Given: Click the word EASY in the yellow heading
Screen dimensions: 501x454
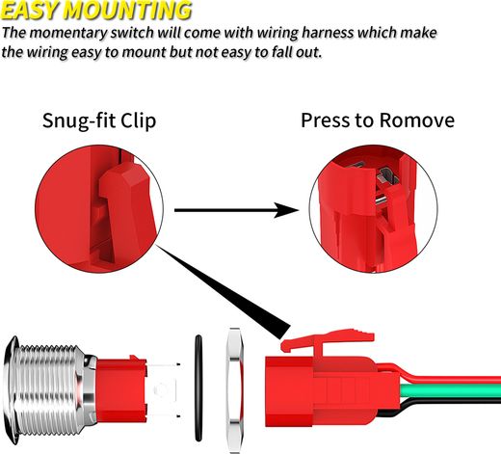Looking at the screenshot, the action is (x=31, y=11).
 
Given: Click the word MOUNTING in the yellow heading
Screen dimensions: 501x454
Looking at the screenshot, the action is (x=128, y=11).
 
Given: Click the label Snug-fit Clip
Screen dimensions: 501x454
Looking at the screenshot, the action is (x=99, y=120).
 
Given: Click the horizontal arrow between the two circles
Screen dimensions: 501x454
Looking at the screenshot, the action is (x=236, y=210).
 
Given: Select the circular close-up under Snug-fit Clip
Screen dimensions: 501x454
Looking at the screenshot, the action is (x=99, y=209).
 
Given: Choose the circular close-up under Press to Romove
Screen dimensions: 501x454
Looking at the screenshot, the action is (x=373, y=209).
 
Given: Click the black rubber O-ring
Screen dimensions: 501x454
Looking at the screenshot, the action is (x=198, y=388).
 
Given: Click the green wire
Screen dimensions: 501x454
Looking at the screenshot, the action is (x=450, y=391).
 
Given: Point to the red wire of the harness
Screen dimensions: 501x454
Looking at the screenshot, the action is (x=450, y=379).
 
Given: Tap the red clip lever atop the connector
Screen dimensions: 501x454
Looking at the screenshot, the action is (x=328, y=340).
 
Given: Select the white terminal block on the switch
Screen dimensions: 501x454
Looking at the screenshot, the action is (x=163, y=390).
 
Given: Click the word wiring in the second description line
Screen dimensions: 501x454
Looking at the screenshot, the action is (x=47, y=52).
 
